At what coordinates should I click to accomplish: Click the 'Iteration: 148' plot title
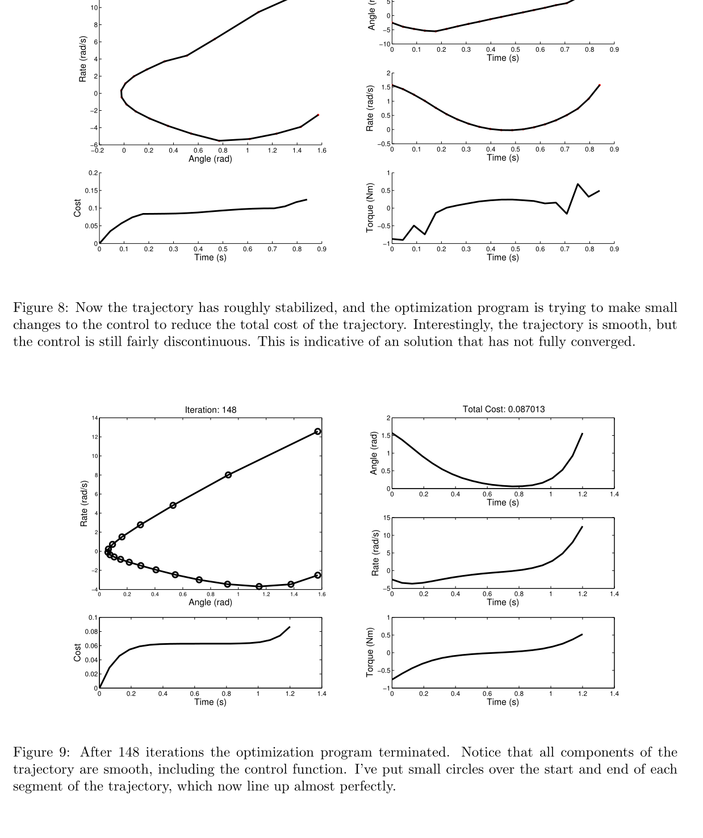point(210,410)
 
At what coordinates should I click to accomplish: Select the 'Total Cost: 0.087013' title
point(503,409)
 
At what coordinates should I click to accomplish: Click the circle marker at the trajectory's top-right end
point(317,432)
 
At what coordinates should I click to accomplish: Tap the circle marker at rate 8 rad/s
point(228,475)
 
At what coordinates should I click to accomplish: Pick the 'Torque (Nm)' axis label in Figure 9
point(370,652)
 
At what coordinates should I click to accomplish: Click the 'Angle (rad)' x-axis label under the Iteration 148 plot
point(210,602)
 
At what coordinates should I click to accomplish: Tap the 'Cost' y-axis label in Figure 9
point(77,652)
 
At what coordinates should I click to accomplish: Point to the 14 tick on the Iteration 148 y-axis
point(94,418)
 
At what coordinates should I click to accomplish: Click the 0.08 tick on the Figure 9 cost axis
point(91,632)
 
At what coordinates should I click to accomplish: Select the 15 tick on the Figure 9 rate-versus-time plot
point(387,518)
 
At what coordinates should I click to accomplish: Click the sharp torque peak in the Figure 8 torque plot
point(578,184)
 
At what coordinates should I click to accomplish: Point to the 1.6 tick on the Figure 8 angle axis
point(321,151)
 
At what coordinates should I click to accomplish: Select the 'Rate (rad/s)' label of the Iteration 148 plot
point(84,503)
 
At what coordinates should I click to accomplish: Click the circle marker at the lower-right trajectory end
point(317,576)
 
